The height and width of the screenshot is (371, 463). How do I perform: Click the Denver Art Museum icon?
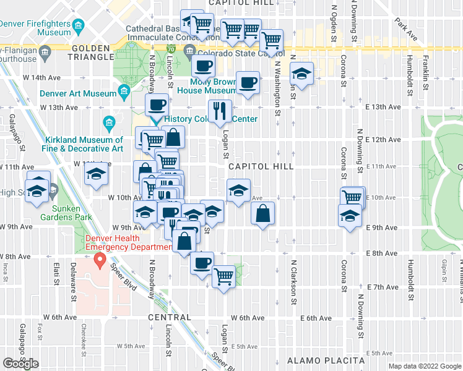pyautogui.click(x=124, y=93)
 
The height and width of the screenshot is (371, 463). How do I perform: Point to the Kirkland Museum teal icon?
pyautogui.click(x=110, y=122)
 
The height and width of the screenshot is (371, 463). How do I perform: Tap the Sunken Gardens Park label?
pyautogui.click(x=66, y=212)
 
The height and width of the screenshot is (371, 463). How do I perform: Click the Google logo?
pyautogui.click(x=20, y=364)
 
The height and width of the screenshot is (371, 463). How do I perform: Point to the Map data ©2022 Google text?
pyautogui.click(x=424, y=366)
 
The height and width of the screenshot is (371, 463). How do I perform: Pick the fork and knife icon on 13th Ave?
pyautogui.click(x=219, y=112)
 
